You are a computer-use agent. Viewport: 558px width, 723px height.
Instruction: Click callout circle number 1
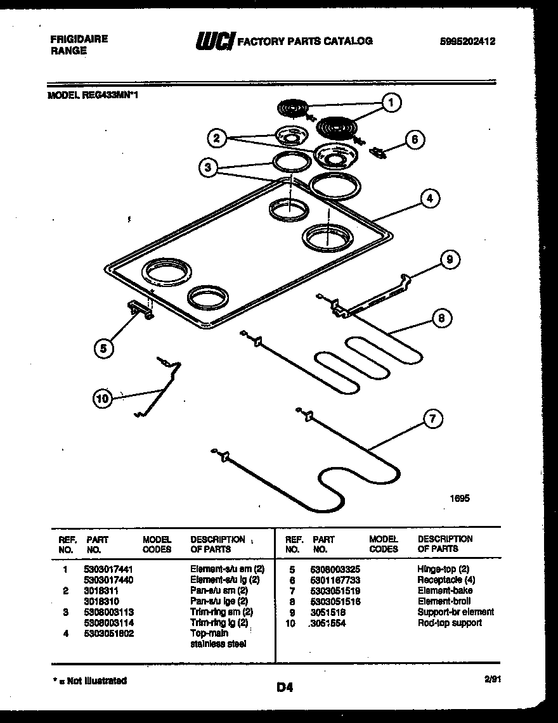tap(391, 101)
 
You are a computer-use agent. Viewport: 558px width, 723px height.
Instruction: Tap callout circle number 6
tap(414, 139)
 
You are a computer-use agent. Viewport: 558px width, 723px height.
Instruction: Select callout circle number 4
tap(429, 198)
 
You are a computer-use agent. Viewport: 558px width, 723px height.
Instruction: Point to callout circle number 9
tap(449, 259)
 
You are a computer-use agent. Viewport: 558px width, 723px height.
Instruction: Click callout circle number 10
tap(102, 398)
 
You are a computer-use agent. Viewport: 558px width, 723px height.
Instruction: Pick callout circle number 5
tap(104, 347)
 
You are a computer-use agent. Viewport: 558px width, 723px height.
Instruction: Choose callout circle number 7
tap(432, 418)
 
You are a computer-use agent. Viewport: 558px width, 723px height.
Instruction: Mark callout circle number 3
tap(205, 168)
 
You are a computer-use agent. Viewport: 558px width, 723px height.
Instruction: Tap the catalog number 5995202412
tap(467, 41)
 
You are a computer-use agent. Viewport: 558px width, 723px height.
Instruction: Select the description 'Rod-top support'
tap(449, 623)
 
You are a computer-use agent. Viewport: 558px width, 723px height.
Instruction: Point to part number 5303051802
tap(109, 633)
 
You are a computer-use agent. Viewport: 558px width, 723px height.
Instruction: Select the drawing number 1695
tap(460, 499)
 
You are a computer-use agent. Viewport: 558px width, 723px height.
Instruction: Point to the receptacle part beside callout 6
tap(379, 151)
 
